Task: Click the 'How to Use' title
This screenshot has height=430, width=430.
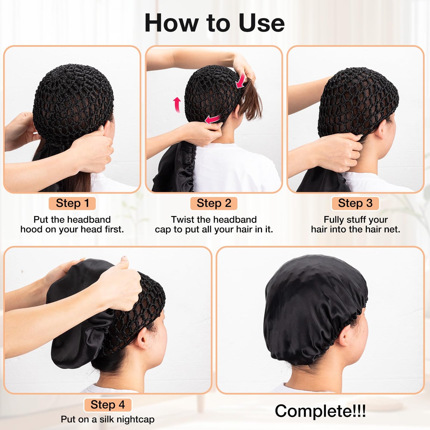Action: [215, 23]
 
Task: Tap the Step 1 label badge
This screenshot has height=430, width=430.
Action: [72, 203]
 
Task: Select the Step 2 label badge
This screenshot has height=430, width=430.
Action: [214, 203]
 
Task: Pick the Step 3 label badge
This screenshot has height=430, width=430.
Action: [355, 203]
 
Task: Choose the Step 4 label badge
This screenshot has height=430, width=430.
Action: [107, 405]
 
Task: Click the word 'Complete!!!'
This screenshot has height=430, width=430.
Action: [320, 411]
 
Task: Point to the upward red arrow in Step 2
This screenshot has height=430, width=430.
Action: [177, 104]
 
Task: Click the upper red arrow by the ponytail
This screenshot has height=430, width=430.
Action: [241, 81]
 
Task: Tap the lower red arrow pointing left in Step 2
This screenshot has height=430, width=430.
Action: [212, 119]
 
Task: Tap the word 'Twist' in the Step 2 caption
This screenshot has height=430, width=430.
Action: [182, 220]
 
